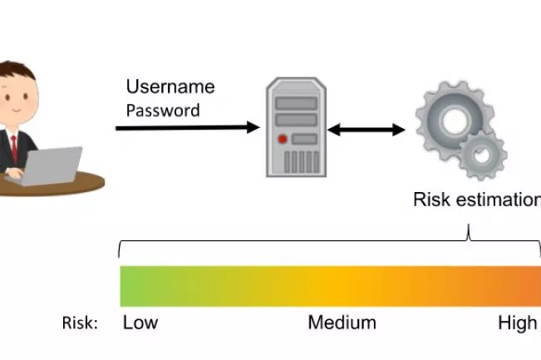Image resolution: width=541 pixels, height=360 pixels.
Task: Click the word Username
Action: pos(170,87)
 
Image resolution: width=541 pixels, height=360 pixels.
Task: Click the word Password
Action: pos(162,111)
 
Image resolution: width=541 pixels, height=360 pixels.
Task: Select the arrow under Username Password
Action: pos(187,128)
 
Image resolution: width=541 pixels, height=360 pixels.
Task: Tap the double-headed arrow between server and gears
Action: pos(366,130)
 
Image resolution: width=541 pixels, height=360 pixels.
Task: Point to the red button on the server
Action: pos(284,139)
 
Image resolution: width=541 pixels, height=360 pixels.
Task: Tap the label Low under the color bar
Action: pos(140,323)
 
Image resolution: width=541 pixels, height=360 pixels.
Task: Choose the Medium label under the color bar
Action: pos(342,323)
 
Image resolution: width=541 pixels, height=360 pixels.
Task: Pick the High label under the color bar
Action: pos(517,323)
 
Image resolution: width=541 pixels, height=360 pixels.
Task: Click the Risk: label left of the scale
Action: pos(80,323)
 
